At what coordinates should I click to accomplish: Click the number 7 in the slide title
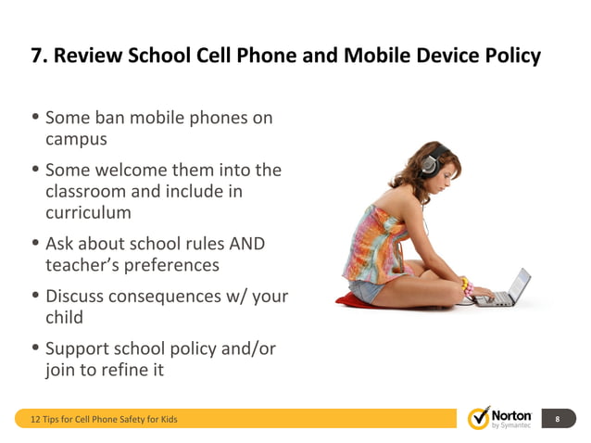[x=38, y=56]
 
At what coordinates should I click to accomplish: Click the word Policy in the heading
[x=510, y=56]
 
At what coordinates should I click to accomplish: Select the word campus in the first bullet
[x=77, y=140]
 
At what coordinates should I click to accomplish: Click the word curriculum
[x=88, y=213]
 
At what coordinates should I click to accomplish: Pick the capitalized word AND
[x=245, y=244]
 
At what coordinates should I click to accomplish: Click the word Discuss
[x=74, y=297]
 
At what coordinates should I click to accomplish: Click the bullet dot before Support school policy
[x=35, y=349]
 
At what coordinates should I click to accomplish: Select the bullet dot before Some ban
[x=35, y=119]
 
